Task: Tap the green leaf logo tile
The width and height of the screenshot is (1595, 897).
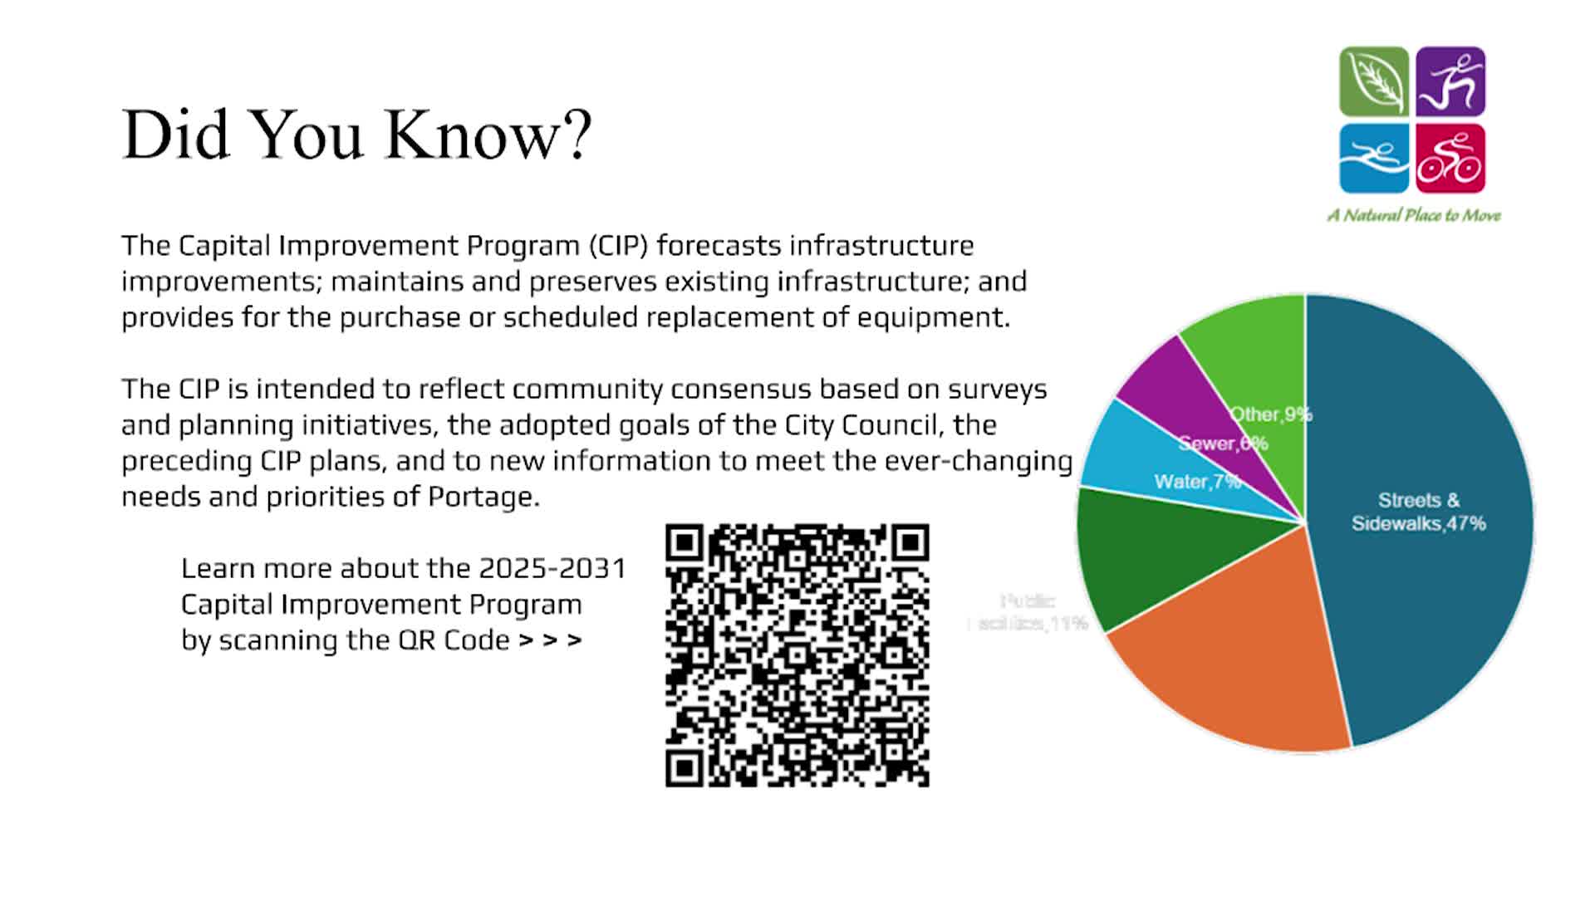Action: pos(1373,81)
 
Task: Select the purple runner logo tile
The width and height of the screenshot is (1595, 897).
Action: pos(1450,81)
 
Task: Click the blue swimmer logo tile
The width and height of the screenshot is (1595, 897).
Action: pos(1373,158)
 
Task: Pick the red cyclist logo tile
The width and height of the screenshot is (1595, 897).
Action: pos(1450,158)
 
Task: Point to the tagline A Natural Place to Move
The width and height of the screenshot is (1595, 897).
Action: pos(1414,215)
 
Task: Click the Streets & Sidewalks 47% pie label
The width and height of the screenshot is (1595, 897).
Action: pos(1418,512)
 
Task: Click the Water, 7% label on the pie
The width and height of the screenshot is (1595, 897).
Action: pos(1196,482)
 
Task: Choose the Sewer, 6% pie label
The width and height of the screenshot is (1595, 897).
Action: pos(1223,444)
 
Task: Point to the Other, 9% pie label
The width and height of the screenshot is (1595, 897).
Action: pos(1270,414)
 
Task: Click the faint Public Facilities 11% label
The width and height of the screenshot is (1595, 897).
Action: pos(1028,612)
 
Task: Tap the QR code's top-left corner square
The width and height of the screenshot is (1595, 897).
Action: pos(685,543)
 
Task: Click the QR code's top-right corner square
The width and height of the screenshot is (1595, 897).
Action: pos(910,543)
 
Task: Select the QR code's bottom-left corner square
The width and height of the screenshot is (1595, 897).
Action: pos(685,768)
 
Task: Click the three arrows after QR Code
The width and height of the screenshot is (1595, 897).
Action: pos(550,640)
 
